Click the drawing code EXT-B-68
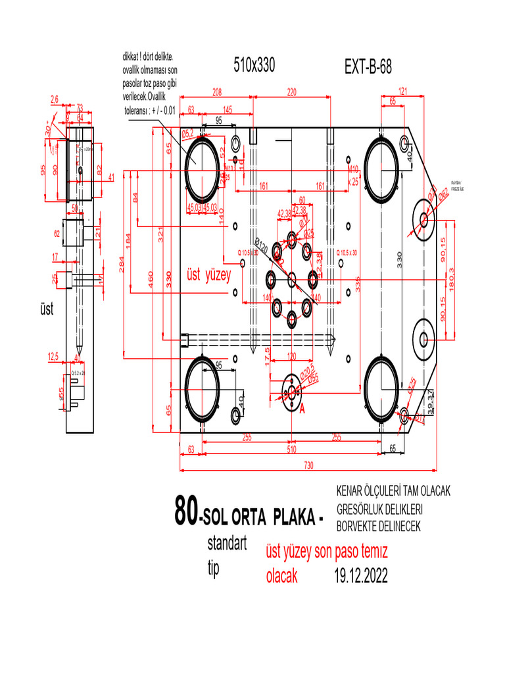368,67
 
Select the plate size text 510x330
254,65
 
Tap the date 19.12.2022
360,576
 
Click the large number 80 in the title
185,510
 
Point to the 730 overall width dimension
308,465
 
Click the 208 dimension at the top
216,92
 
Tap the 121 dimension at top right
403,91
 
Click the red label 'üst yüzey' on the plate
209,276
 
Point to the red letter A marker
302,409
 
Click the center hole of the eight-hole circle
292,278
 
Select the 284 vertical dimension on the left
121,264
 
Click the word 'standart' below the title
226,544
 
